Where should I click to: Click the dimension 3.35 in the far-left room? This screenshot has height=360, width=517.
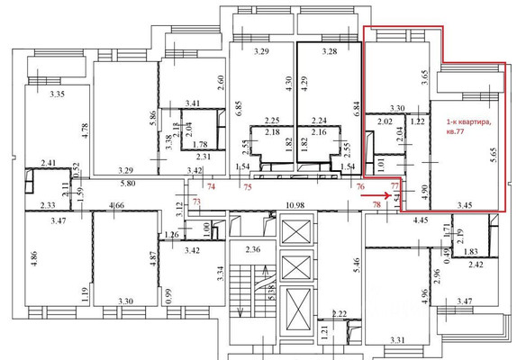[58, 94]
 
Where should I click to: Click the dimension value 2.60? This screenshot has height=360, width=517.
[220, 86]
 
